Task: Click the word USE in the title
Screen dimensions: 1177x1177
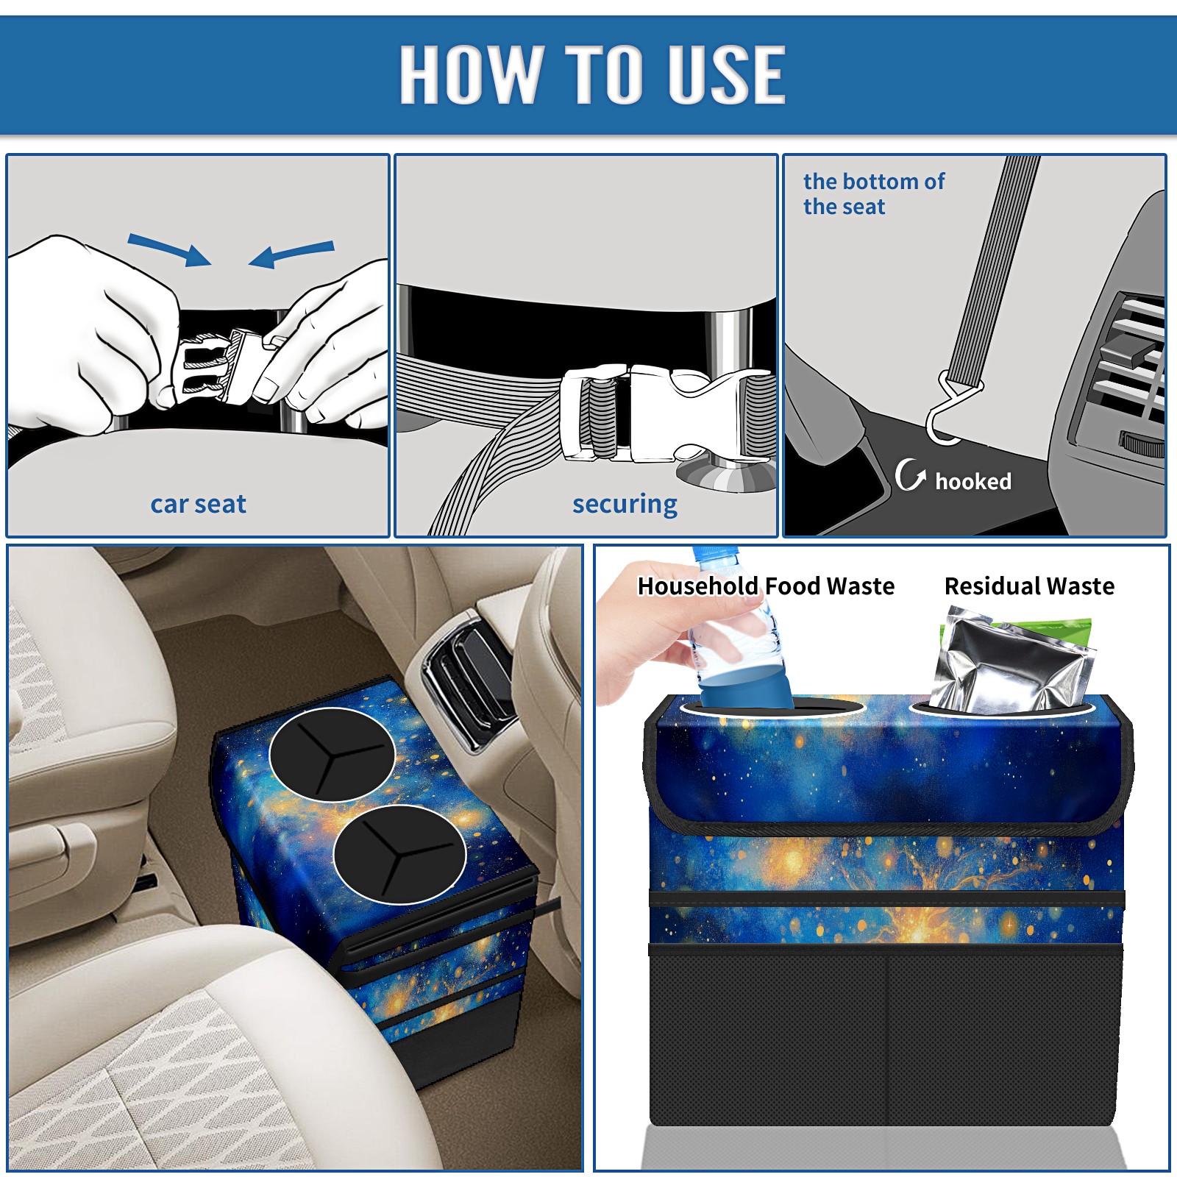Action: (x=727, y=74)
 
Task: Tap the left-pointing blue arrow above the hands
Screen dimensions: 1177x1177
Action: (x=291, y=253)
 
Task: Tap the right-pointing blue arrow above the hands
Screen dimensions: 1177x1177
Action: (x=170, y=249)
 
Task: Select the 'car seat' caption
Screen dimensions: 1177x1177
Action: (x=198, y=504)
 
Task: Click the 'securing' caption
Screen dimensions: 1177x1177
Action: (x=625, y=505)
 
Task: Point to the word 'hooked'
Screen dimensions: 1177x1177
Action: (x=973, y=482)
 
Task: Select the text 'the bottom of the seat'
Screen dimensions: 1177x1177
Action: (x=873, y=193)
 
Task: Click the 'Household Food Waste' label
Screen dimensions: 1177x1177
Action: (x=766, y=586)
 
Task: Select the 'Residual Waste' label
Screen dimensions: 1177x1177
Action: (x=1029, y=586)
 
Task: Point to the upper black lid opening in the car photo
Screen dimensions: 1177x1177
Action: (x=333, y=754)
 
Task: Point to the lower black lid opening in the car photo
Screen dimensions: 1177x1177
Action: (x=399, y=854)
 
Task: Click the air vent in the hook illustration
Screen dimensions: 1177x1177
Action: (x=1126, y=368)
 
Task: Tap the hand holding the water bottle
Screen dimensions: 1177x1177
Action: (x=662, y=633)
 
